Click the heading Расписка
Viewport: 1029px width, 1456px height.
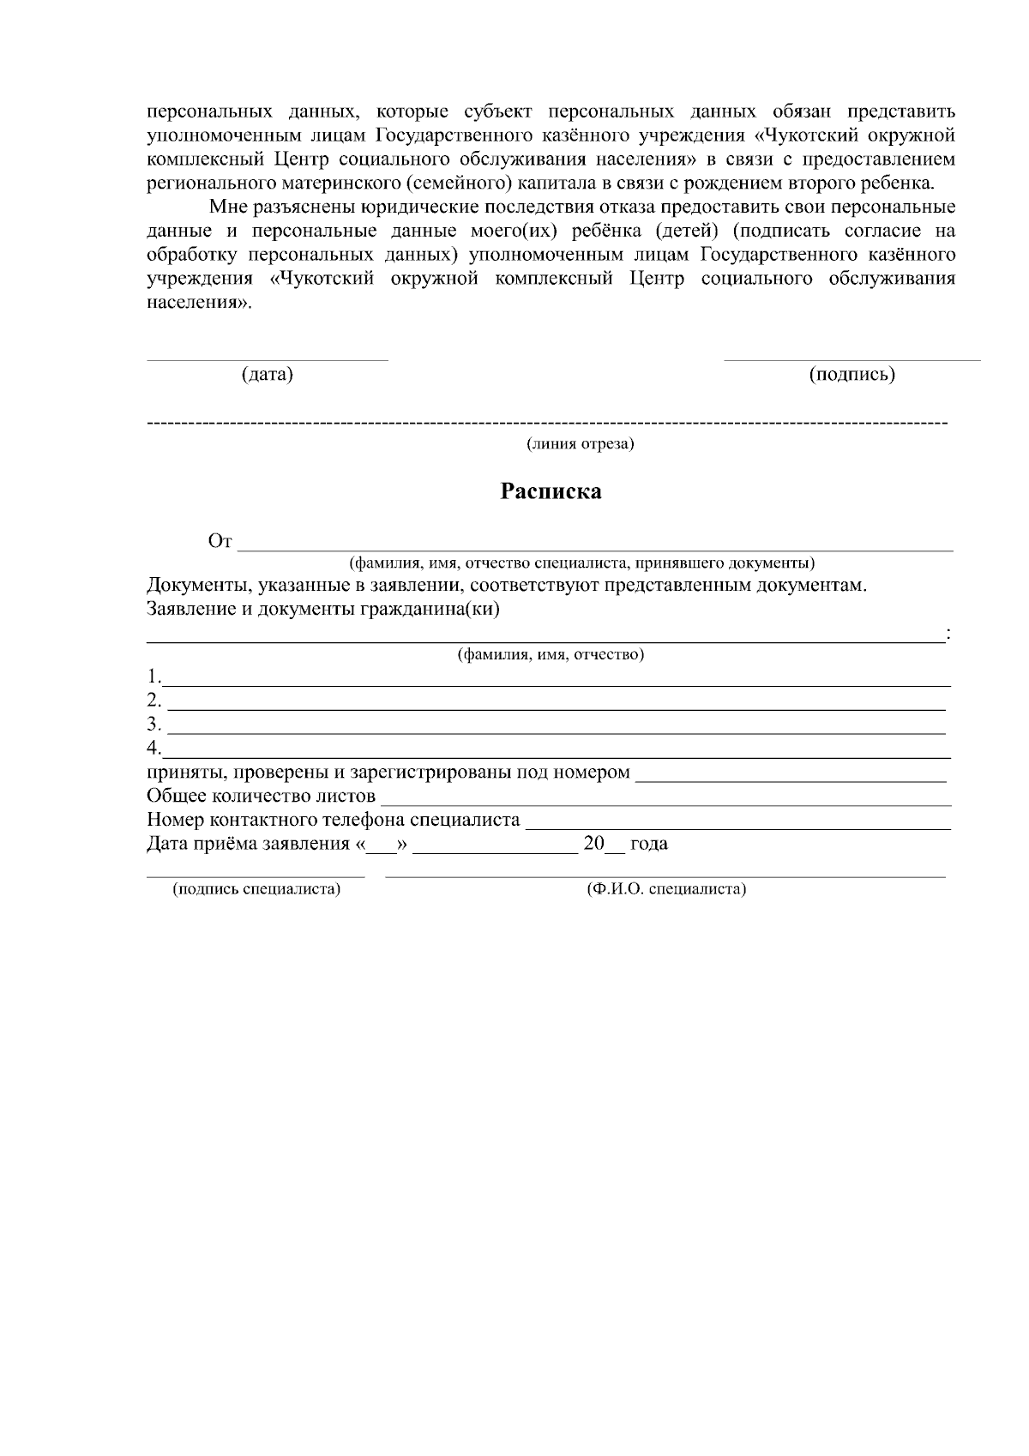pos(551,491)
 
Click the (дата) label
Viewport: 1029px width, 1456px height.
pos(267,375)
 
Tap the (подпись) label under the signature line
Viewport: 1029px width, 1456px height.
pos(851,375)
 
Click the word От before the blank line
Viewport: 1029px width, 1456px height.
pos(220,541)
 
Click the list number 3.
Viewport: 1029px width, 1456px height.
pos(153,723)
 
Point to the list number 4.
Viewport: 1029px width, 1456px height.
pos(153,747)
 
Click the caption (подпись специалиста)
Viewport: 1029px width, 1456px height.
pos(256,889)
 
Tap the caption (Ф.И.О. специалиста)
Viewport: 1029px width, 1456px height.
pos(665,889)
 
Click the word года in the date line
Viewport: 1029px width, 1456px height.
pos(649,844)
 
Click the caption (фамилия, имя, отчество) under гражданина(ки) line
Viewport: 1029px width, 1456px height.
pos(551,655)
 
